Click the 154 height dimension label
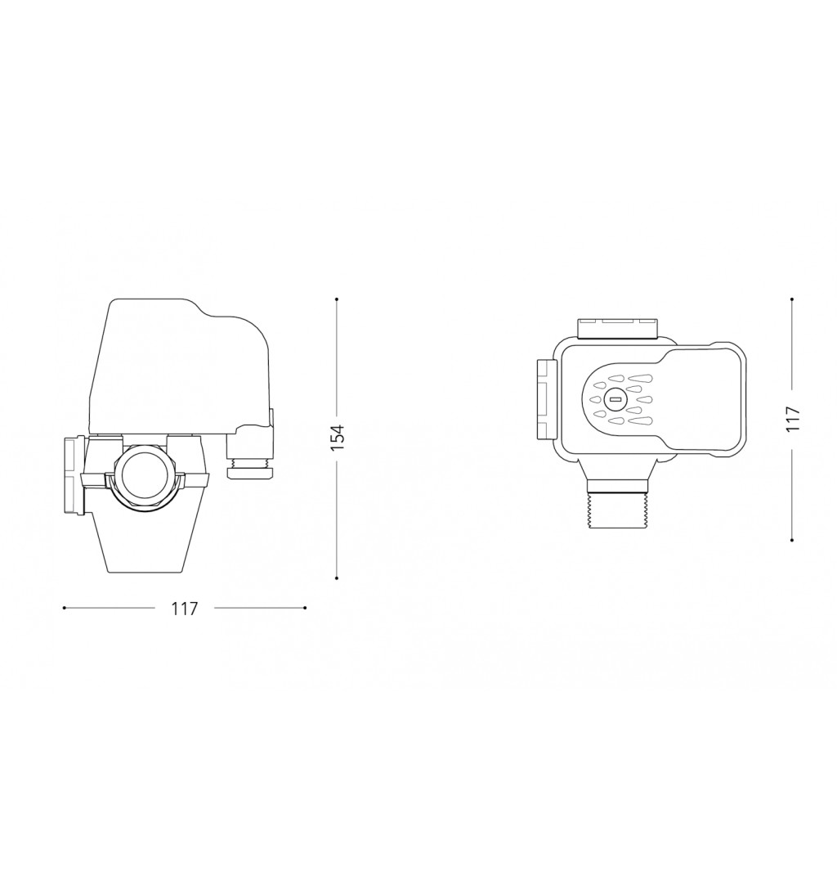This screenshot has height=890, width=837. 338,438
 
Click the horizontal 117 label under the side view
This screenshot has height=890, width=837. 184,609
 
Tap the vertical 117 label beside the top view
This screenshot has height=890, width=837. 792,419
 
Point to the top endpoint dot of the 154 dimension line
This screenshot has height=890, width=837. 337,299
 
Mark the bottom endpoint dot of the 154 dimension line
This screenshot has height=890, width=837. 337,578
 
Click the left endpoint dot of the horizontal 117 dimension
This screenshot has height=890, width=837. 64,608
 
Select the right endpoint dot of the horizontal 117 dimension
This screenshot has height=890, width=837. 305,608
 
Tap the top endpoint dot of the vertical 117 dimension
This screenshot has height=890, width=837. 791,299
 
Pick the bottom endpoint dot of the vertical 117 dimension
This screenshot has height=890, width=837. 791,540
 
